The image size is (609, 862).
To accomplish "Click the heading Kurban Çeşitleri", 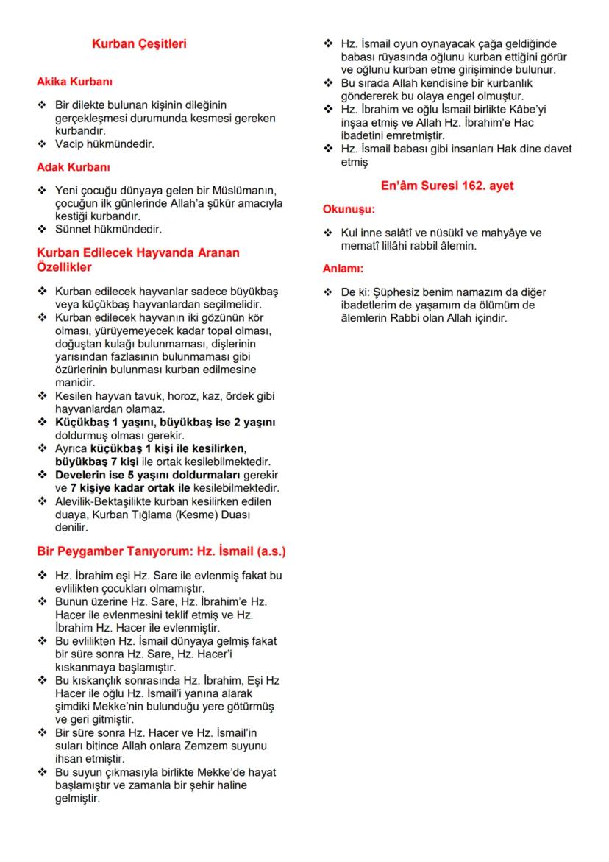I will click(x=139, y=44).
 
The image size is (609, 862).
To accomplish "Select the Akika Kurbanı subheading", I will click(x=74, y=82).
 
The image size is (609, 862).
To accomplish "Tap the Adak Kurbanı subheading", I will click(x=74, y=167).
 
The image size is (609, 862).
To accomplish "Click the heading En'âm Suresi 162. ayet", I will click(x=447, y=186).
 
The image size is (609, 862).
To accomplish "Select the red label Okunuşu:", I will click(x=349, y=210).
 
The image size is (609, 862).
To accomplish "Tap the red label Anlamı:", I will click(x=343, y=269).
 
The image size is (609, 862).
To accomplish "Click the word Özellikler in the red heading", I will click(x=65, y=266).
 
